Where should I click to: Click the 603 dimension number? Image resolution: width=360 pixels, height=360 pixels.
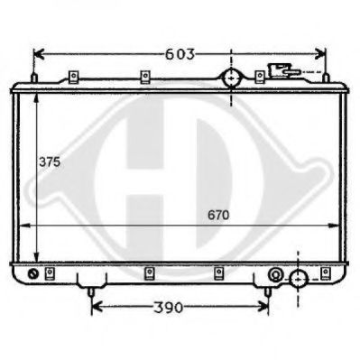coord(180,54)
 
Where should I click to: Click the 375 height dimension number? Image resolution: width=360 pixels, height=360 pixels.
coord(50,162)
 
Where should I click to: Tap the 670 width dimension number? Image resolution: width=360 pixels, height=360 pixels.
coord(218,215)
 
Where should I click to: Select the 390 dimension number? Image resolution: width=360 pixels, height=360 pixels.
coord(169,308)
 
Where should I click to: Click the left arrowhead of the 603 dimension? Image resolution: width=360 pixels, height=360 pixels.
coord(39,54)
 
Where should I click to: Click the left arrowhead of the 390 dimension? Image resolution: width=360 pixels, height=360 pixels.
coord(97,307)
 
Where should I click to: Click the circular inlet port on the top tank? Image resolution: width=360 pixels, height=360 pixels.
coord(231,78)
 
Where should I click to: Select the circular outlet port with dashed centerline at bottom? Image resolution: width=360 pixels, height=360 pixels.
coord(299,279)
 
